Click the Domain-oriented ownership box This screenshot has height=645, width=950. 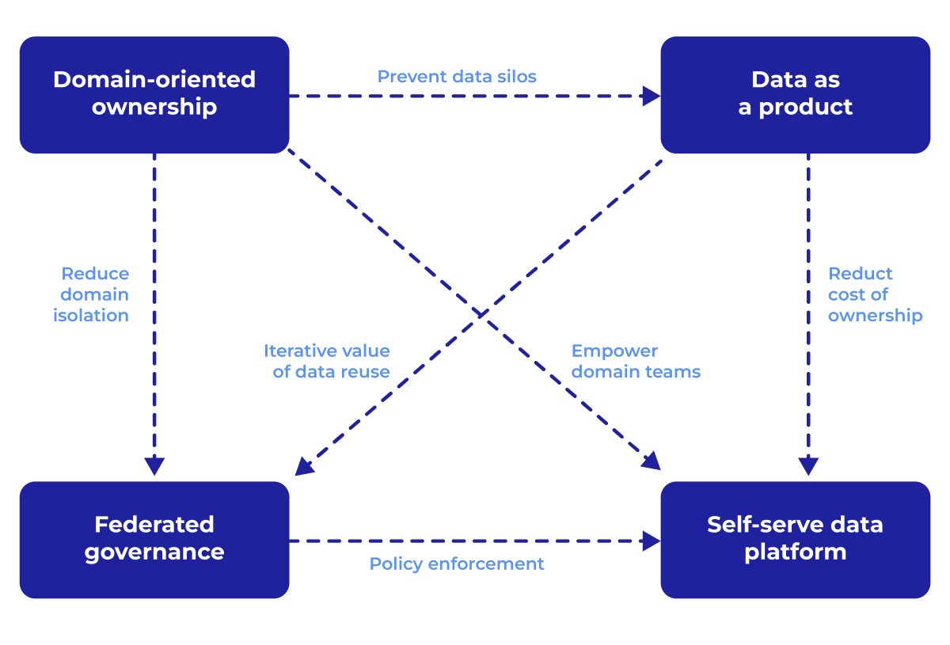[154, 95]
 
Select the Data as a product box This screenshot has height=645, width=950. [795, 95]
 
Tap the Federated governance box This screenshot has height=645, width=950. [154, 539]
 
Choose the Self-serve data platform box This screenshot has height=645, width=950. [795, 539]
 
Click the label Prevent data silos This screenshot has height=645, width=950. [457, 77]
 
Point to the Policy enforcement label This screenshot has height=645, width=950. [457, 564]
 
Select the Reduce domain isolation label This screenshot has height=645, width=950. [91, 294]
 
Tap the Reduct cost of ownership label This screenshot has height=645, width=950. [875, 294]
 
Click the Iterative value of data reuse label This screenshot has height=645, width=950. [327, 361]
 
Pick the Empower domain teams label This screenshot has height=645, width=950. [636, 361]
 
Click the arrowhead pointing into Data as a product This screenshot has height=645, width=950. [652, 97]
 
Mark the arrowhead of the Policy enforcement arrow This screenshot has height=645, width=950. [652, 541]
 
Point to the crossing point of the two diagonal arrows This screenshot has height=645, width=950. [480, 314]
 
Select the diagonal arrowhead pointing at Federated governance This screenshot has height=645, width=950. [303, 468]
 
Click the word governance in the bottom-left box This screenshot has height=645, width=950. [154, 552]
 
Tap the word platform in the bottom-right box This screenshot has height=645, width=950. [795, 552]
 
